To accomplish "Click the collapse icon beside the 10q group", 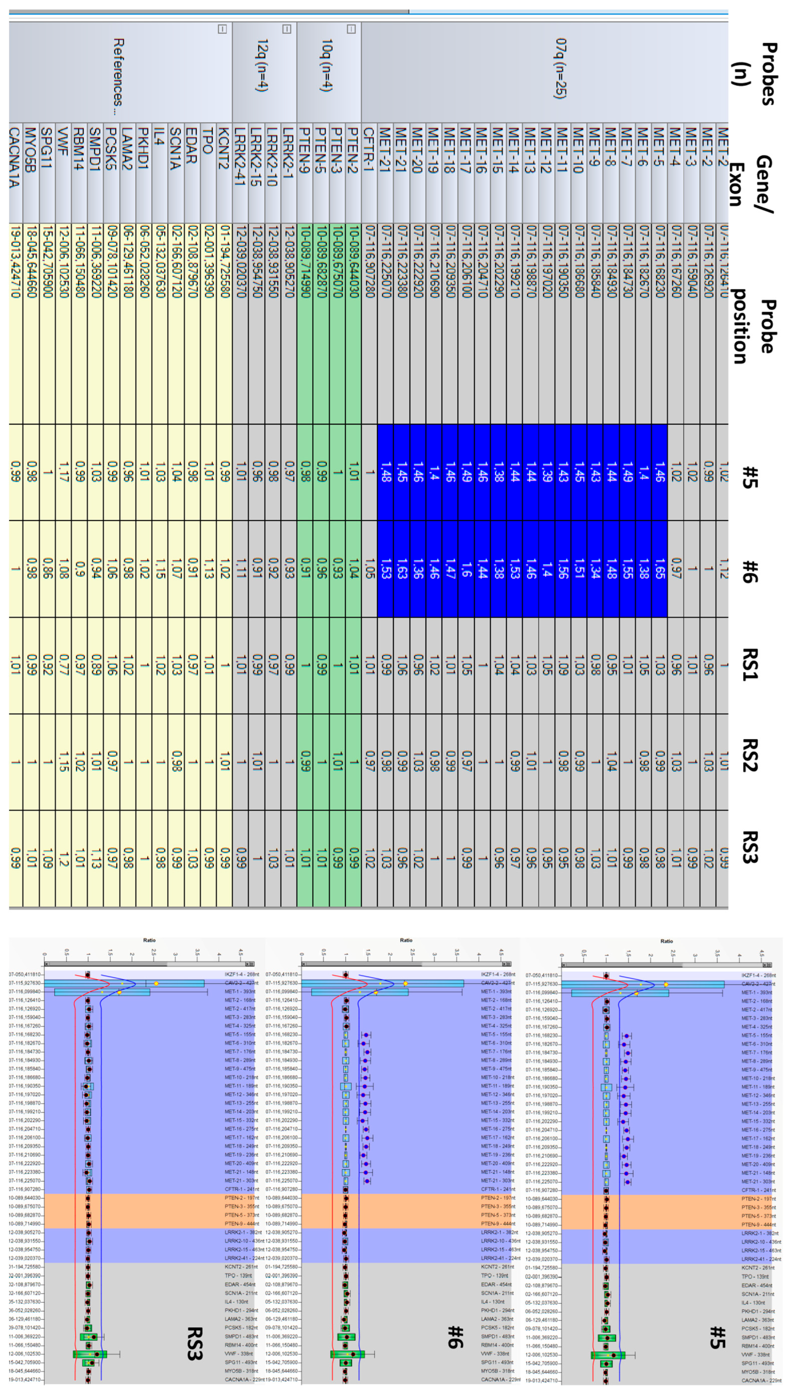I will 351,29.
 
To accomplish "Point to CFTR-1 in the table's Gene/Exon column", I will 369,157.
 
